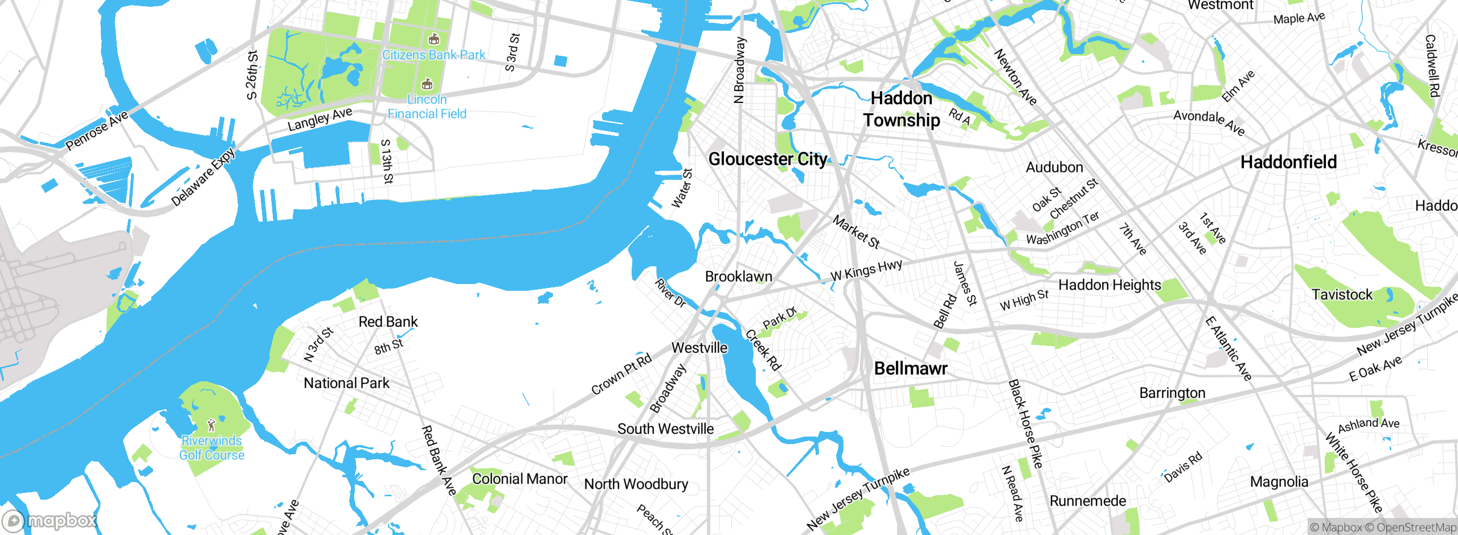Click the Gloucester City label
tap(767, 159)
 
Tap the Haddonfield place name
tap(1288, 162)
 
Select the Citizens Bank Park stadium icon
tap(434, 39)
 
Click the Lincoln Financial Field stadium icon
tap(427, 84)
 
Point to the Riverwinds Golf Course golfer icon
tap(212, 425)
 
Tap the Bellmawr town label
tap(910, 368)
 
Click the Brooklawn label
tap(739, 277)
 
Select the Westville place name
tap(699, 348)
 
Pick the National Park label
tap(346, 383)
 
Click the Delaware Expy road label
tap(203, 177)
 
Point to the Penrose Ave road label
tap(97, 131)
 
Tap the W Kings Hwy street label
tap(866, 270)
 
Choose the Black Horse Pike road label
tap(1025, 424)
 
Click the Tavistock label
tap(1342, 295)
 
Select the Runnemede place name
tap(1087, 501)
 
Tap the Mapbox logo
tap(50, 520)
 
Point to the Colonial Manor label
tap(519, 479)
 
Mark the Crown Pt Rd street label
tap(621, 374)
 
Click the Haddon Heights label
tap(1109, 285)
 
